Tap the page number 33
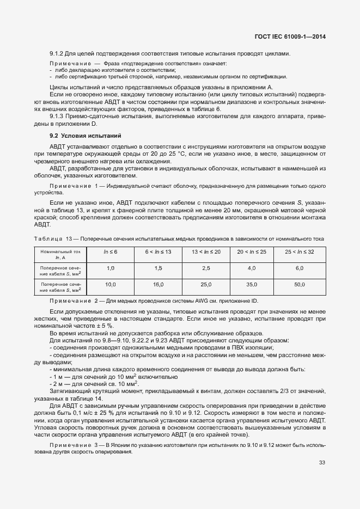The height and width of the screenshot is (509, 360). tap(322, 463)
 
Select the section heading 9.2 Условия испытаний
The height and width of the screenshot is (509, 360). tap(85, 135)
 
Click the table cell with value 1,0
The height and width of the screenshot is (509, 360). tap(111, 268)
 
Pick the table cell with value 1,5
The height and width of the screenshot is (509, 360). tap(158, 268)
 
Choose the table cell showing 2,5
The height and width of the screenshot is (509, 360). tap(206, 268)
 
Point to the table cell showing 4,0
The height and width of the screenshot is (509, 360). tap(252, 268)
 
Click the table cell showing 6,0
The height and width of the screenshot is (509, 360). tap(300, 268)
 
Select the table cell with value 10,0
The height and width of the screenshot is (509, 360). tap(111, 285)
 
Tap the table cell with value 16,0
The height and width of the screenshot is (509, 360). tap(158, 285)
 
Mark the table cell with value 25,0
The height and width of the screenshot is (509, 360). tap(206, 285)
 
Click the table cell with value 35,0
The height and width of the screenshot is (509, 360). tap(252, 285)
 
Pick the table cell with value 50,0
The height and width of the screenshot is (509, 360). tap(300, 285)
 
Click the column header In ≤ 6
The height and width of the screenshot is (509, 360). tap(111, 252)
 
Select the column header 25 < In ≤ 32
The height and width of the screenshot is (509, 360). tap(300, 252)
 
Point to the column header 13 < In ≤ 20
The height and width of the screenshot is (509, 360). tap(206, 252)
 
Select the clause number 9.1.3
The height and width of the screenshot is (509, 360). tap(58, 116)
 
